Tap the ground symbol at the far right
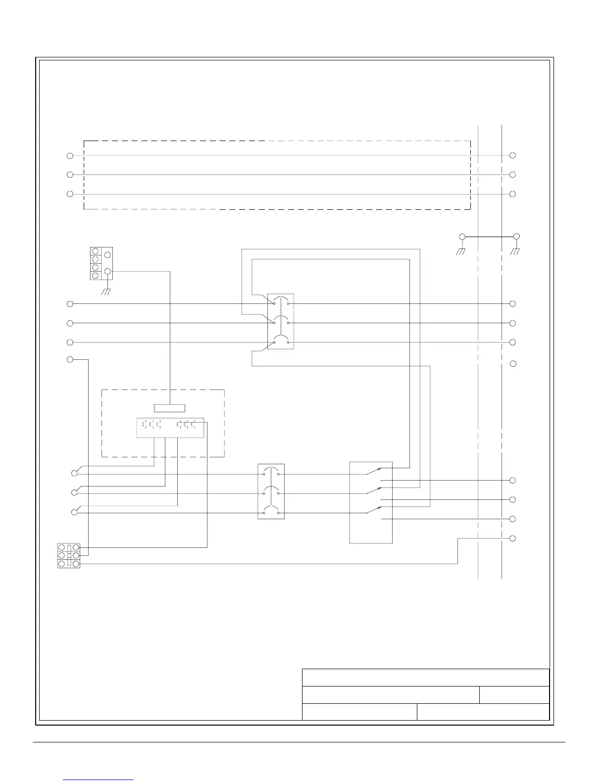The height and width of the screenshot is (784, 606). pos(515,251)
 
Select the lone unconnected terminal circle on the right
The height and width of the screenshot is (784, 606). pos(513,364)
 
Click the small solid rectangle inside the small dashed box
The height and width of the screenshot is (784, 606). pos(169,408)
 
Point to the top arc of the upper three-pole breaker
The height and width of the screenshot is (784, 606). pos(281,297)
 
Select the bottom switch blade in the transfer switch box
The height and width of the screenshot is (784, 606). pos(374,510)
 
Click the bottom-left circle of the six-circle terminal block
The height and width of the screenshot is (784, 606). pos(62,564)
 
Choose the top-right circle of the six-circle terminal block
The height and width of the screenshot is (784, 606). pos(76,547)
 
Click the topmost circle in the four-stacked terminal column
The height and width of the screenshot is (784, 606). pos(95,251)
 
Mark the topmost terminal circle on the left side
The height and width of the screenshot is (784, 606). pos(70,156)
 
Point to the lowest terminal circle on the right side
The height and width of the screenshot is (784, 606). pos(513,538)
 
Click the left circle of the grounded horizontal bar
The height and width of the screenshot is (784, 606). pos(462,237)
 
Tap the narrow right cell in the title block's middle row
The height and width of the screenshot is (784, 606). pos(514,695)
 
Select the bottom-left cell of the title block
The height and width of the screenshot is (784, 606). pos(359,712)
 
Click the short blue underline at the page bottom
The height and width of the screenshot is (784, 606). pos(99,780)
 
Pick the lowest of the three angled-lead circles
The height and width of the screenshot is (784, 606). pos(75,512)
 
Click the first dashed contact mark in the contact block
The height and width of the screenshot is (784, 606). pos(144,424)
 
